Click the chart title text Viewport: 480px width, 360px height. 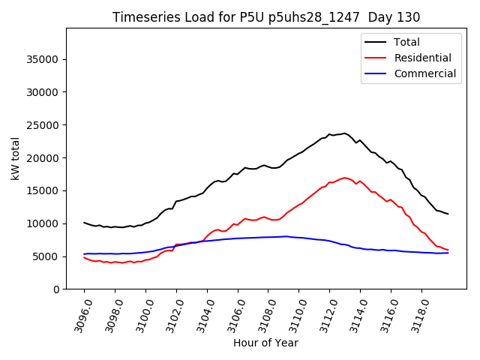coord(266,17)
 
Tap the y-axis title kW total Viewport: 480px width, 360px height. coord(16,158)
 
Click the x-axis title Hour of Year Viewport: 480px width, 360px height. coord(265,343)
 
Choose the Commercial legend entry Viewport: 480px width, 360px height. coord(424,73)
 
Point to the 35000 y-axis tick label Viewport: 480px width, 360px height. coord(43,59)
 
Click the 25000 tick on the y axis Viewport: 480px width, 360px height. coord(43,125)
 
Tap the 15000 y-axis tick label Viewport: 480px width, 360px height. coord(43,190)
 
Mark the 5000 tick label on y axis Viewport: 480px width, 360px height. coord(46,256)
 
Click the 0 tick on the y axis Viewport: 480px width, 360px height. coord(56,289)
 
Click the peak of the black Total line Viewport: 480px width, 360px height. coord(345,133)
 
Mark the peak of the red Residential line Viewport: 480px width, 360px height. coord(345,178)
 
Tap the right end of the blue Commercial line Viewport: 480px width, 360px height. coord(448,253)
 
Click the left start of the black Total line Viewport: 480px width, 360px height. coord(84,223)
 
